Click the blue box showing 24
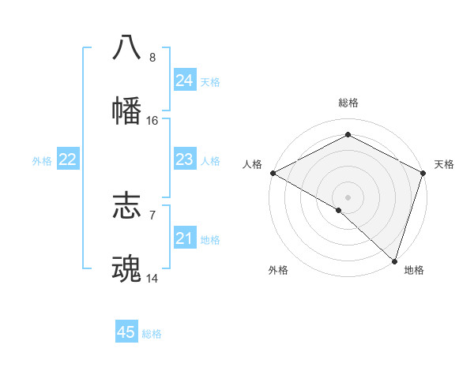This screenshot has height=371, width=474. click(185, 81)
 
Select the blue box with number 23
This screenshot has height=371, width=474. click(185, 159)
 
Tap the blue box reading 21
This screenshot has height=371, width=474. click(185, 238)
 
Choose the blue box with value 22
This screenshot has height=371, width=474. click(68, 159)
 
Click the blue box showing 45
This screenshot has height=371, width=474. click(126, 332)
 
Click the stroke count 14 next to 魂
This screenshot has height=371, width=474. click(152, 279)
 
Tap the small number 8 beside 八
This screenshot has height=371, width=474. click(152, 58)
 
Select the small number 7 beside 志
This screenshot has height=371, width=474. click(152, 215)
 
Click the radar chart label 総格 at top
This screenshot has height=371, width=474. click(348, 103)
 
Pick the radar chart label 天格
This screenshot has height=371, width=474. click(444, 164)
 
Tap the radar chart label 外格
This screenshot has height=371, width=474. click(278, 270)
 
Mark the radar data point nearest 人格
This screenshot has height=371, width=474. click(273, 173)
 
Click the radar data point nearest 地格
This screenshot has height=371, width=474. click(393, 260)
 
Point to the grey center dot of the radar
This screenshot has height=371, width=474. click(348, 197)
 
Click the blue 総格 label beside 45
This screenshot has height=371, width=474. click(152, 334)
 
